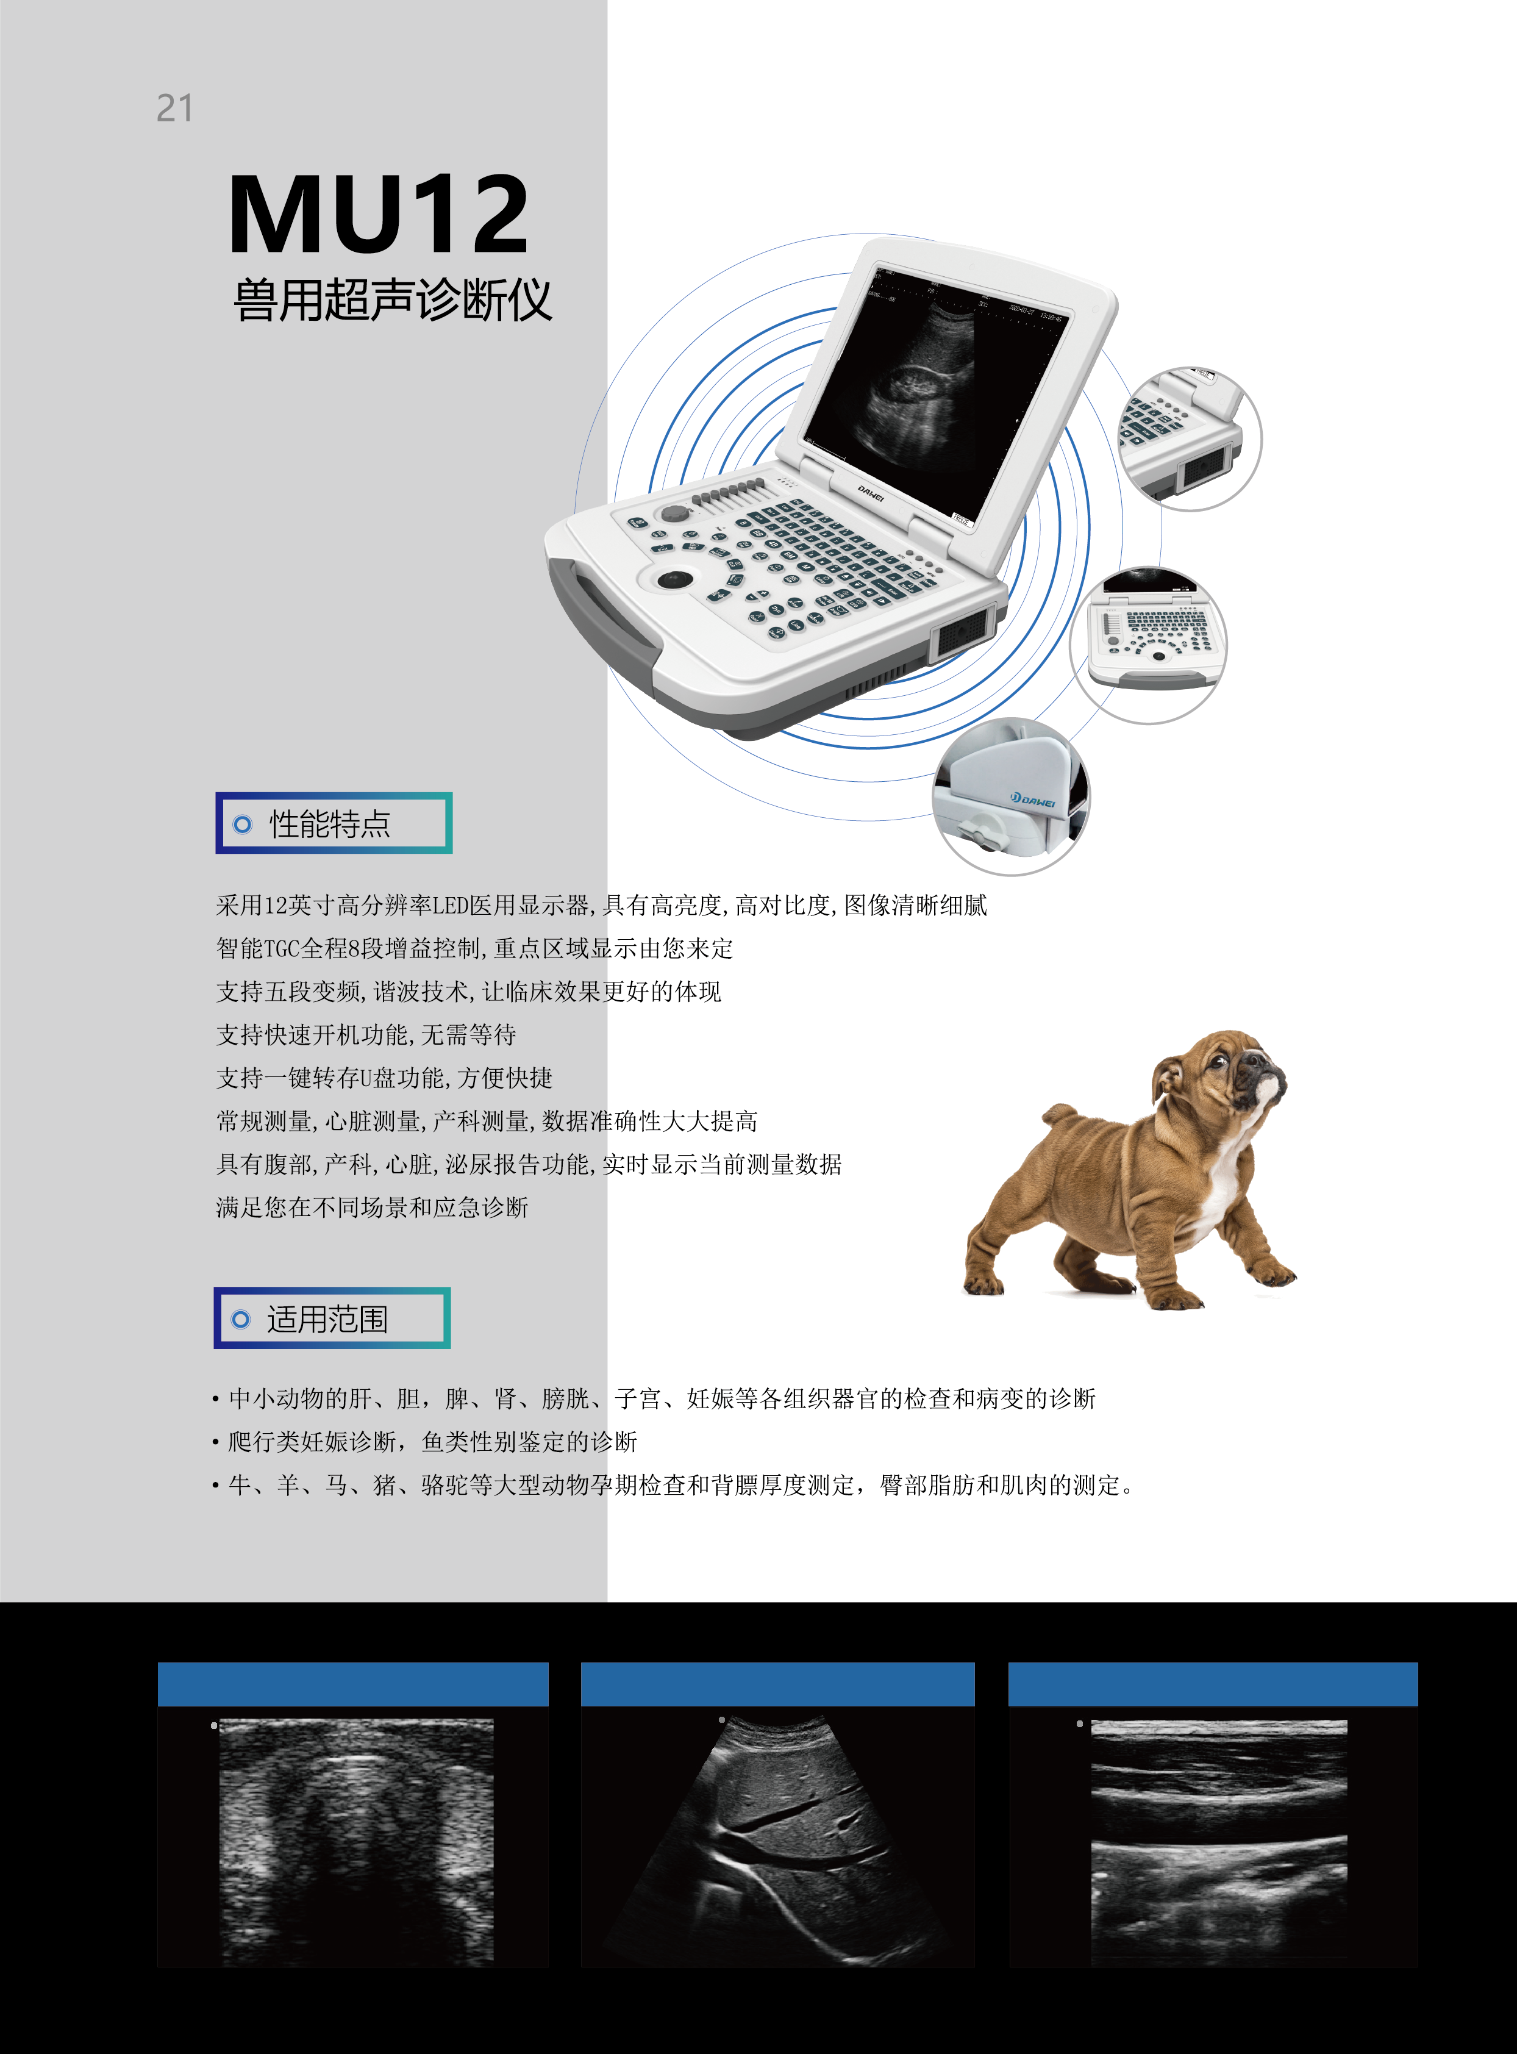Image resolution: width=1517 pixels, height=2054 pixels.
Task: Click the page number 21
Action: pos(174,109)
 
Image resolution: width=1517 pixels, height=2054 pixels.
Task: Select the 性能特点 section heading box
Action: pos(334,823)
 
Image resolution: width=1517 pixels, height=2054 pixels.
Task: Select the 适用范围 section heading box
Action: pos(332,1318)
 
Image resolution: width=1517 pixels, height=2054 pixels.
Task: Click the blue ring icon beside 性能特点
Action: pos(243,824)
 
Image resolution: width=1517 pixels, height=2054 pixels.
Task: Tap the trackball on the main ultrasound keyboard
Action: pos(676,579)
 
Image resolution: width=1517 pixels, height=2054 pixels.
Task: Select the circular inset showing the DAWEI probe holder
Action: pos(1011,797)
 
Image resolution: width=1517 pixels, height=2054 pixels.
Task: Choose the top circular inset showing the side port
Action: pos(1189,438)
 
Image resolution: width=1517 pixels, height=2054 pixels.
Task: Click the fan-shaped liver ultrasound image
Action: pos(778,1838)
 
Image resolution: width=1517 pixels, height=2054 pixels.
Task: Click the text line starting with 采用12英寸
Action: pos(601,906)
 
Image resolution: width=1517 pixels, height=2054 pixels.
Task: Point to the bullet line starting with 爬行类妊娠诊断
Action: pos(432,1441)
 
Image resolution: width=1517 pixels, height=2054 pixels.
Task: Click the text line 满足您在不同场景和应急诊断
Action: pos(372,1207)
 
